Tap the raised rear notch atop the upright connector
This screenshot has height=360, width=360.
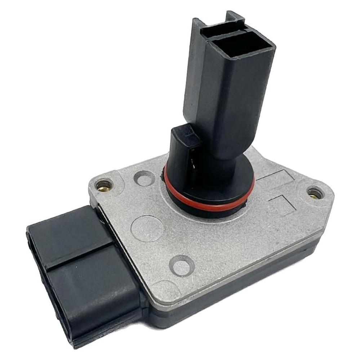click(x=234, y=16)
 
